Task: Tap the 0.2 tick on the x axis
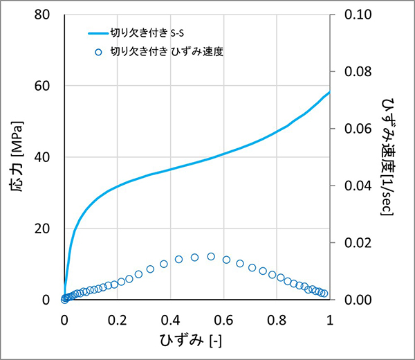point(118,321)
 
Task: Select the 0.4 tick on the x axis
point(171,321)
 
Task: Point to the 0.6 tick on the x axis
point(223,321)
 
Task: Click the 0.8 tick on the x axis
point(277,321)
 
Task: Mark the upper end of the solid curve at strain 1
point(330,91)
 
